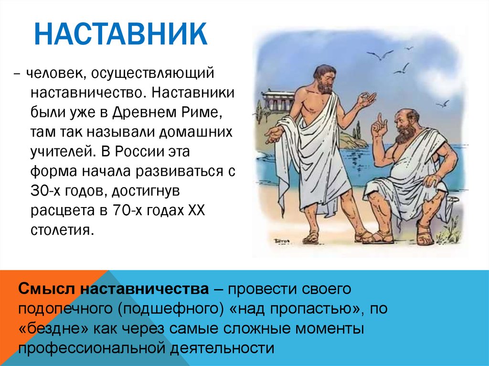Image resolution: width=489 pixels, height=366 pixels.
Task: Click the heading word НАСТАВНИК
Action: pyautogui.click(x=120, y=34)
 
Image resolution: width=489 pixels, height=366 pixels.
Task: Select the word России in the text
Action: pyautogui.click(x=139, y=152)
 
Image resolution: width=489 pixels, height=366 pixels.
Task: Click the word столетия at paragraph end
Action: pyautogui.click(x=62, y=230)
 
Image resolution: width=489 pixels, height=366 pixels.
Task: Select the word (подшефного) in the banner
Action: pyautogui.click(x=171, y=309)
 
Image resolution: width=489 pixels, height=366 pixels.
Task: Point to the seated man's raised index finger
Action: pyautogui.click(x=379, y=118)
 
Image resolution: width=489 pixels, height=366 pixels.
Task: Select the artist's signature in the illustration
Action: pyautogui.click(x=281, y=241)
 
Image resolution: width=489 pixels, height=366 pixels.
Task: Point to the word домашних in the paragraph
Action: pyautogui.click(x=196, y=132)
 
